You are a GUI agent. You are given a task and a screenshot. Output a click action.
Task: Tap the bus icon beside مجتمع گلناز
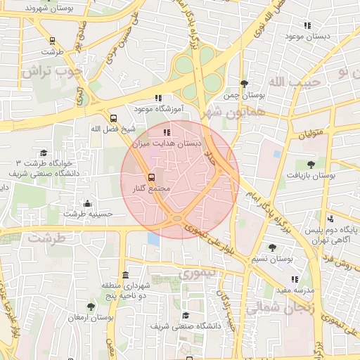tap(152, 176)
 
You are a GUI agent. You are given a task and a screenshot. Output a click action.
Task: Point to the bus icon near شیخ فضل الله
tap(114, 118)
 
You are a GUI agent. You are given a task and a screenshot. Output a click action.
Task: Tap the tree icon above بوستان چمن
tap(244, 84)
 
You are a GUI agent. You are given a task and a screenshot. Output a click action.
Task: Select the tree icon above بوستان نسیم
tap(272, 247)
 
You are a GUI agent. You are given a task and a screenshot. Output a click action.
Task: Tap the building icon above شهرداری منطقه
tap(125, 275)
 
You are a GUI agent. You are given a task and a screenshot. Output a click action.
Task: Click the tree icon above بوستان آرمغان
tap(91, 307)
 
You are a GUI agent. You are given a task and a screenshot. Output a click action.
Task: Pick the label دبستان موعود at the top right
tap(303, 35)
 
